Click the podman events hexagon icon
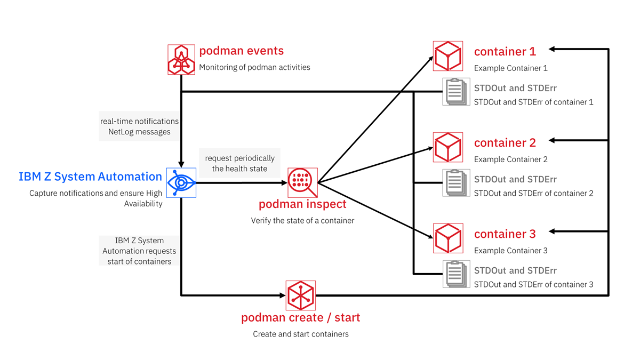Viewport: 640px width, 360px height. tap(181, 59)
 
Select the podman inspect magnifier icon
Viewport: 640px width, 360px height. tap(302, 183)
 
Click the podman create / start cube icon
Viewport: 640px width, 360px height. tap(301, 295)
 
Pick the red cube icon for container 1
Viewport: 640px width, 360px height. tap(447, 56)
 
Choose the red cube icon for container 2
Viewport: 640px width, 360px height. tap(447, 147)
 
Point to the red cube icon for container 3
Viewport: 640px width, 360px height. tap(447, 238)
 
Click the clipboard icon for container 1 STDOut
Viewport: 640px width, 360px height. tap(455, 92)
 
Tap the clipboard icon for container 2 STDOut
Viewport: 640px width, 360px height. tap(455, 183)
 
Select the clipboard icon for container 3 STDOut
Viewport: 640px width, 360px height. tap(455, 274)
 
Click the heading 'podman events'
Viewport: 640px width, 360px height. tap(241, 51)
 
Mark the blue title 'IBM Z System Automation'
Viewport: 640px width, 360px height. tap(90, 177)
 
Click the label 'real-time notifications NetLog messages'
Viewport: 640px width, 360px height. tap(139, 126)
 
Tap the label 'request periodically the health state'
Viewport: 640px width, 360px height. tap(239, 163)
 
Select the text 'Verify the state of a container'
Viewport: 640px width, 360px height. tap(302, 220)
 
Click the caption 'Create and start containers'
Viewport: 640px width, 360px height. tap(301, 334)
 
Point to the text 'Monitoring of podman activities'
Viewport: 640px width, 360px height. tap(254, 67)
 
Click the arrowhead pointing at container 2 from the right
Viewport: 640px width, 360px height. tap(553, 140)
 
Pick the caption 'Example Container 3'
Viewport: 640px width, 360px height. tap(510, 251)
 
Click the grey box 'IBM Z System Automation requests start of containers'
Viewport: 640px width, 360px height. tap(139, 251)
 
